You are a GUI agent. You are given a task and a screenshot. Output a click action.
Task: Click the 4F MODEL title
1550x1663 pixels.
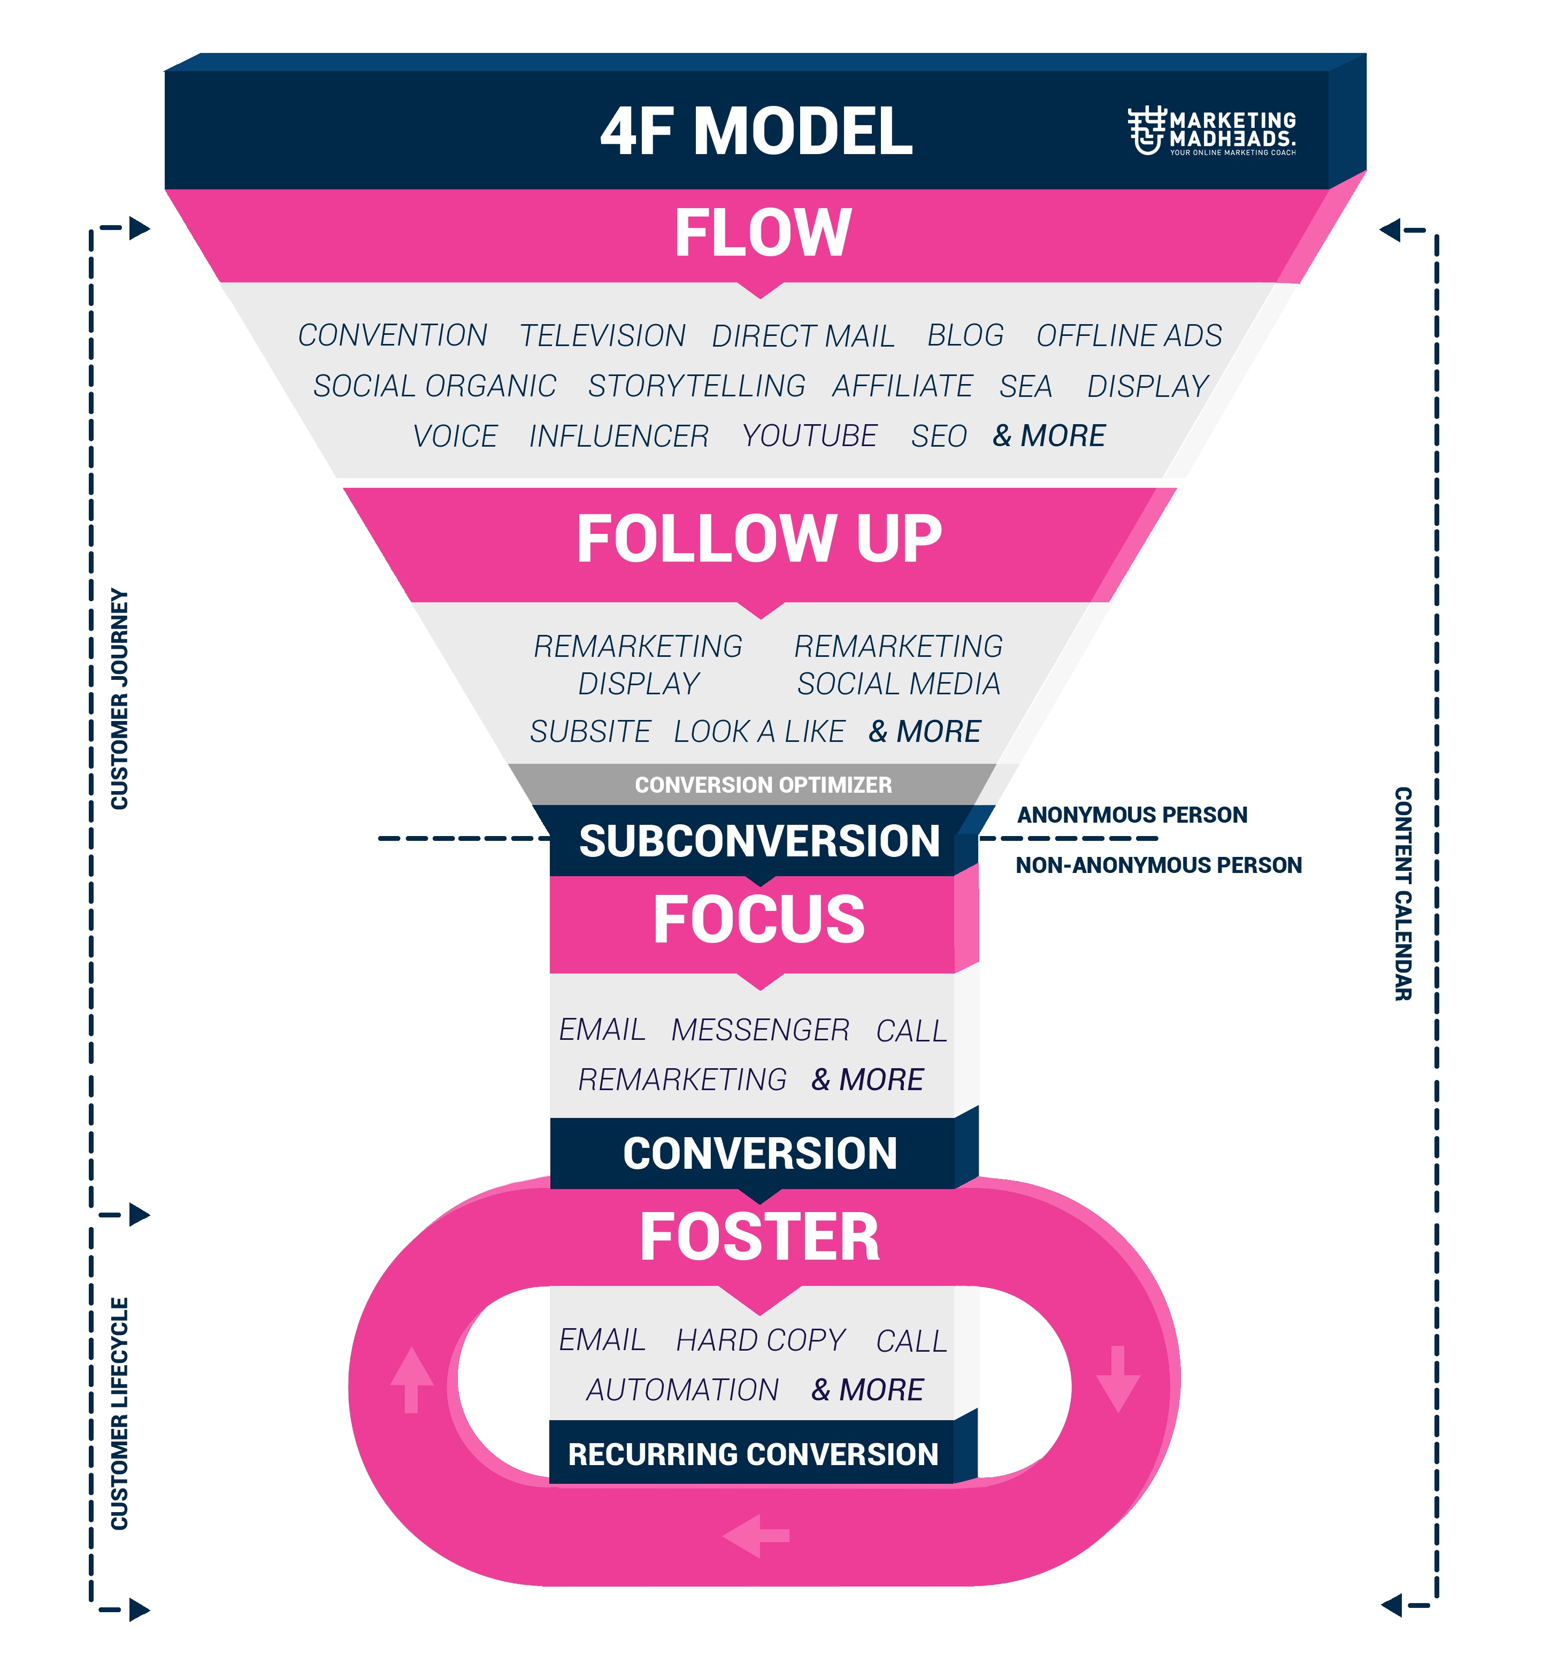tap(756, 132)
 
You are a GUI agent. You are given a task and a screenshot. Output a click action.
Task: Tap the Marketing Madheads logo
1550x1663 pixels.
tap(1211, 132)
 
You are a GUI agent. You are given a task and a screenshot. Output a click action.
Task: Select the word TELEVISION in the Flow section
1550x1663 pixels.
tap(602, 335)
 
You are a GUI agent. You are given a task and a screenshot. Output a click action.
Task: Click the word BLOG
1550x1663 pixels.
tap(965, 335)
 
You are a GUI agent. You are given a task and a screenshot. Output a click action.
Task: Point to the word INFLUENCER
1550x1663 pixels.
tap(619, 436)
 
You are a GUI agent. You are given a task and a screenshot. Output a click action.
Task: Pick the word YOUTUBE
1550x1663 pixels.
tap(810, 436)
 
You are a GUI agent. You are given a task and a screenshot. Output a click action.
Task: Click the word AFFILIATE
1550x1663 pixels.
tap(903, 386)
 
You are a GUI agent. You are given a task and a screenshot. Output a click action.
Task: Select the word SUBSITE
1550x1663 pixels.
tap(590, 731)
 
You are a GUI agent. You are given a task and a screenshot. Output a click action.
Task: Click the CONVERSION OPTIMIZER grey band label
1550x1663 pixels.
tap(763, 785)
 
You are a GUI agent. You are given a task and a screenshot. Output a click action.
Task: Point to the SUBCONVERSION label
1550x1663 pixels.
tap(759, 841)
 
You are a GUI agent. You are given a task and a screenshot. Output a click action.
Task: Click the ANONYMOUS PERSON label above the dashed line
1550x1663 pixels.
tap(1132, 815)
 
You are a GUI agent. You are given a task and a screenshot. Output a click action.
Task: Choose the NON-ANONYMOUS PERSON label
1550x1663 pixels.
tap(1158, 865)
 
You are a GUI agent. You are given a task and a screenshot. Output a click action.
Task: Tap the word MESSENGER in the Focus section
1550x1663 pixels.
tap(761, 1030)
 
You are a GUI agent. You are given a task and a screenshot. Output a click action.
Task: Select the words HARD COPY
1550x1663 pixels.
tap(761, 1340)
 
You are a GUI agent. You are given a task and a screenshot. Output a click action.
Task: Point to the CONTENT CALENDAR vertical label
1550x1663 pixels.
tap(1403, 893)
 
